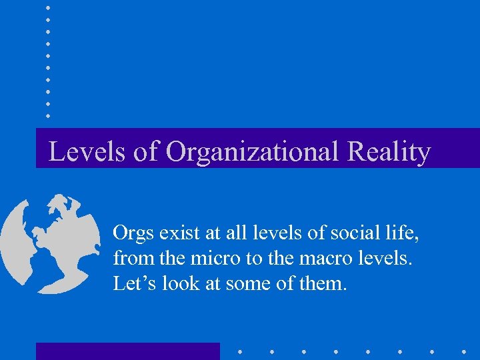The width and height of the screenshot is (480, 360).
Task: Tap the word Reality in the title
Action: point(389,152)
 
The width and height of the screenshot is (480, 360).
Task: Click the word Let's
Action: point(134,283)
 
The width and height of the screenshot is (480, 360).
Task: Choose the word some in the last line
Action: point(249,284)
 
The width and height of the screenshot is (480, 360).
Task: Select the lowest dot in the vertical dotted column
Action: point(48,116)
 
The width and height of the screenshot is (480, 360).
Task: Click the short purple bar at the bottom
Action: point(127,351)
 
